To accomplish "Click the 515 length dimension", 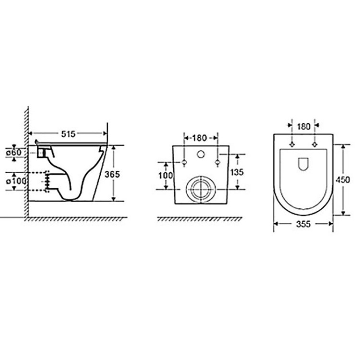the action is pos(68,134).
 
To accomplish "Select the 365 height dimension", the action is pos(112,175).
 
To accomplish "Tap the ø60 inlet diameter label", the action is pos(14,152).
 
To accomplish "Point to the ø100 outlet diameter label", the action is pos(16,181).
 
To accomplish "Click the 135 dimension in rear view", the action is pos(237,172).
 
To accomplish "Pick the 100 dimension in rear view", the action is pos(166,176).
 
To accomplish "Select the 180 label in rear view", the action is pos(199,138).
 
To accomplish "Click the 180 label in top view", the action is pos(303,127).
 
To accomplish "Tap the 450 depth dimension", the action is pos(343,180).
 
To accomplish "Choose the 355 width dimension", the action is pos(303,224).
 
